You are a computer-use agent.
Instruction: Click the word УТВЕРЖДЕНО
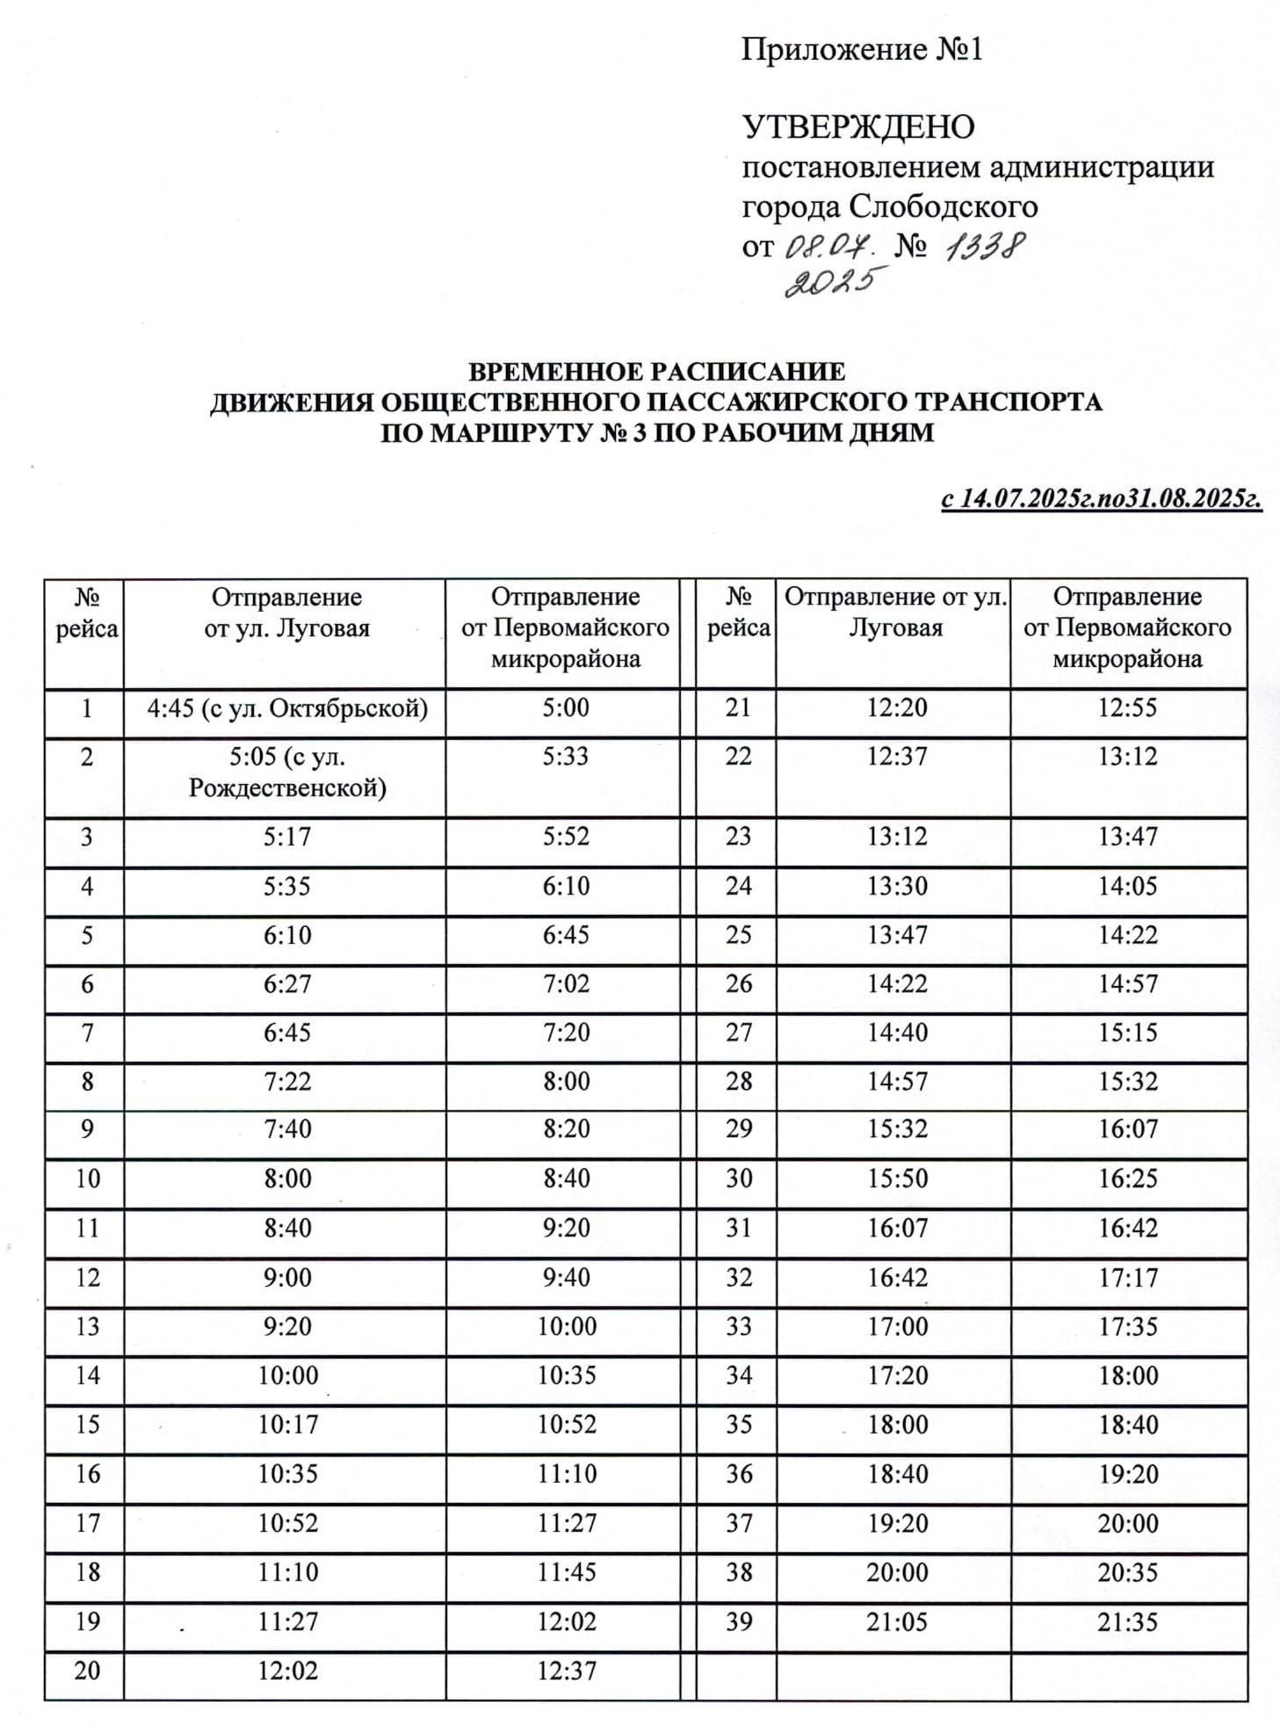click(858, 127)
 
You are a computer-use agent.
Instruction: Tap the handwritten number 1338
click(984, 247)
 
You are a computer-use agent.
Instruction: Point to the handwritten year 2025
click(830, 283)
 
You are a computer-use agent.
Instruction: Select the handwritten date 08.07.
click(827, 247)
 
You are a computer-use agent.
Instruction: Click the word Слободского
click(943, 207)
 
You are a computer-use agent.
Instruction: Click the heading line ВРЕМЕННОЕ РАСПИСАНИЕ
click(656, 372)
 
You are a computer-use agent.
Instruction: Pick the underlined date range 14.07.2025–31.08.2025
click(1102, 498)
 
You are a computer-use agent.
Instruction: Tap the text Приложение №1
click(862, 49)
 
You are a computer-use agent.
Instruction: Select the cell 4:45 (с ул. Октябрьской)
click(287, 708)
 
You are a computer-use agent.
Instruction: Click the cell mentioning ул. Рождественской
click(287, 773)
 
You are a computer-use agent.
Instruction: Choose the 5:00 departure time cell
click(566, 708)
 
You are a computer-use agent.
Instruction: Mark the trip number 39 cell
click(739, 1622)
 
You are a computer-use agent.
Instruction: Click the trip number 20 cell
click(87, 1671)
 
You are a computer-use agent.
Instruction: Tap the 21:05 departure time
click(896, 1622)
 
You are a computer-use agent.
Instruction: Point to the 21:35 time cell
click(1127, 1622)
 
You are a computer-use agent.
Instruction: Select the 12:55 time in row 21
click(1127, 708)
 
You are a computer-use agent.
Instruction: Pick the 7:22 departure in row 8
click(287, 1081)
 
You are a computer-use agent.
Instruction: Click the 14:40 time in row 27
click(897, 1033)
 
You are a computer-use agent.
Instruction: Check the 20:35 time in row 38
click(1127, 1572)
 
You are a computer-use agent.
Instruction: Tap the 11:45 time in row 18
click(567, 1572)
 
